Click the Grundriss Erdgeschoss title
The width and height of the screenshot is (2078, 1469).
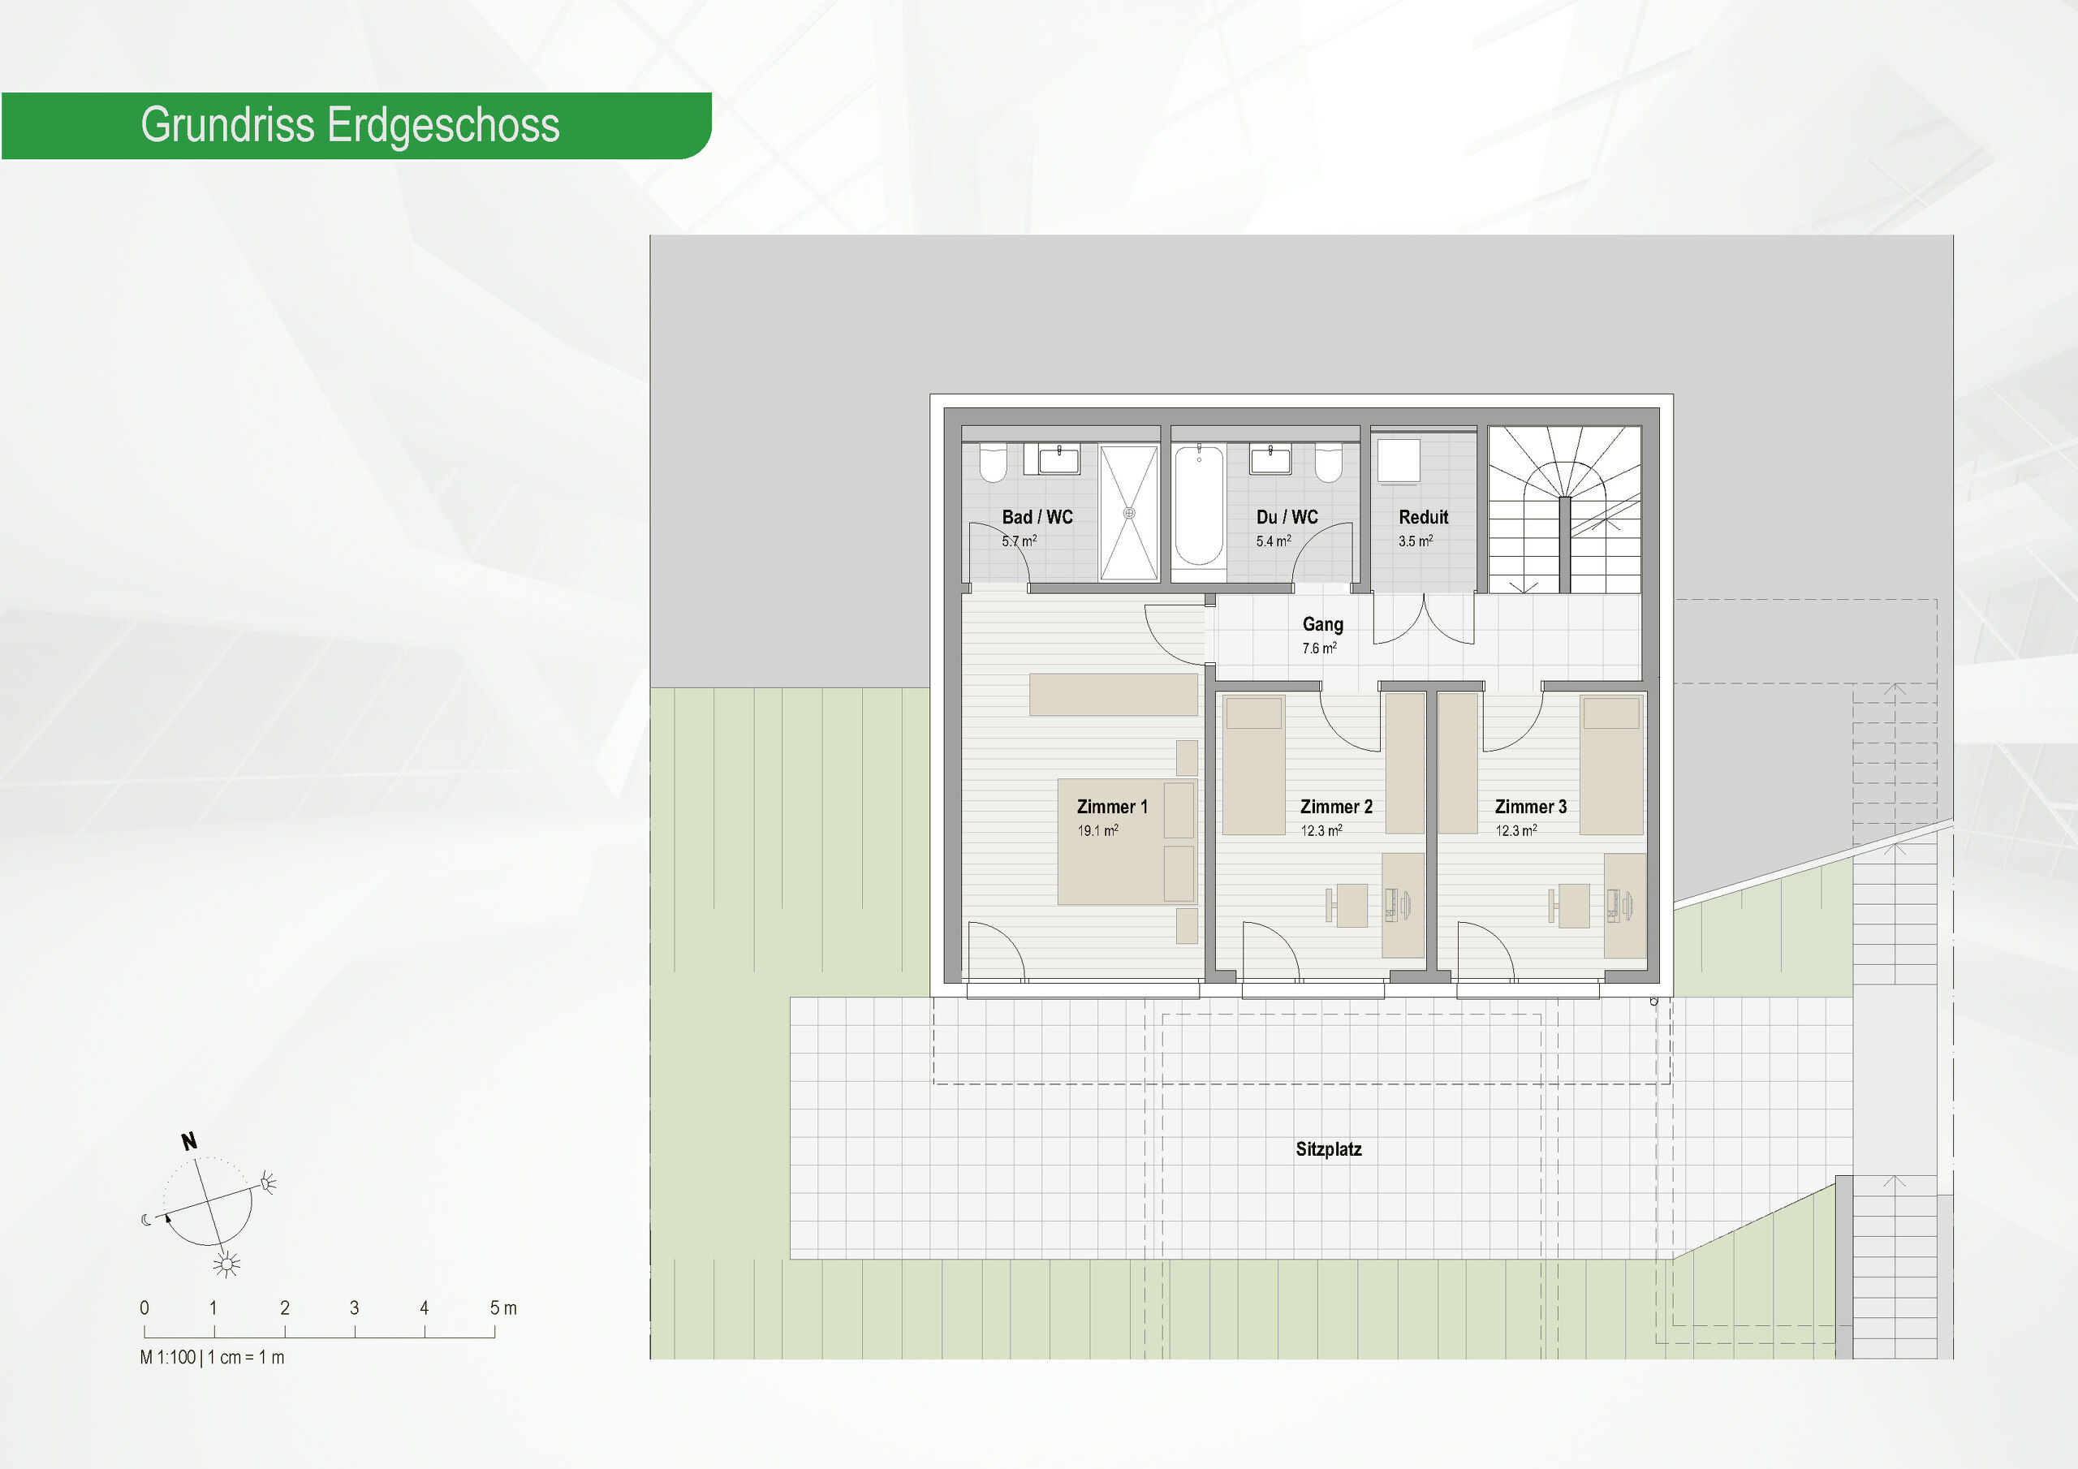point(350,125)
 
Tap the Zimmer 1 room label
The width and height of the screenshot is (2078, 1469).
point(1112,807)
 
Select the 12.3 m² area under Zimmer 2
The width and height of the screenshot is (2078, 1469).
point(1321,830)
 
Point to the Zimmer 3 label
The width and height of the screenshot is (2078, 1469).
point(1530,807)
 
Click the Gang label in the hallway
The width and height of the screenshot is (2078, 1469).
point(1322,625)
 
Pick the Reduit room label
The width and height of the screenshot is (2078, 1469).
point(1424,517)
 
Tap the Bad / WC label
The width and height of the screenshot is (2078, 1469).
point(1037,517)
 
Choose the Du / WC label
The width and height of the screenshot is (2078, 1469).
point(1287,517)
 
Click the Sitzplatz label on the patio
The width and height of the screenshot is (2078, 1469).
point(1329,1149)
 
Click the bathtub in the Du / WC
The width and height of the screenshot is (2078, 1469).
point(1199,505)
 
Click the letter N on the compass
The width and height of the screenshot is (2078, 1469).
point(189,1141)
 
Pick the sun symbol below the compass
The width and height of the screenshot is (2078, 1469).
point(226,1264)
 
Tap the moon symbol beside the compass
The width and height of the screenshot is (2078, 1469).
point(147,1219)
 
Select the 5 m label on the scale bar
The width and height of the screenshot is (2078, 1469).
point(503,1307)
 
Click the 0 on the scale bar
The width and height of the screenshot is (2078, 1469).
point(144,1307)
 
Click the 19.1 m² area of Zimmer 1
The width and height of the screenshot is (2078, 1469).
point(1097,830)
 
